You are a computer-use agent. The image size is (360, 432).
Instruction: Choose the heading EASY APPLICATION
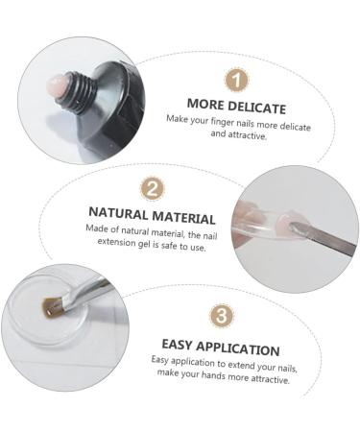coord(219,349)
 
